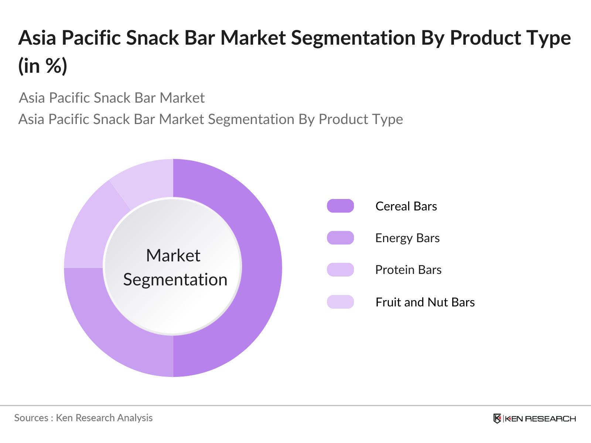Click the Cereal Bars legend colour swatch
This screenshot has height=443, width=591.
(x=340, y=206)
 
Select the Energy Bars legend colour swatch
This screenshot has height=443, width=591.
(x=340, y=238)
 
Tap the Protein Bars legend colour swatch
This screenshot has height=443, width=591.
(x=340, y=269)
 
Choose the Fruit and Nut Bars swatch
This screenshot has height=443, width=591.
(x=340, y=302)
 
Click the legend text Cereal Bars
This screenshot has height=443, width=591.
(x=406, y=206)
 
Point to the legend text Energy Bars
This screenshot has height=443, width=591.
(x=407, y=238)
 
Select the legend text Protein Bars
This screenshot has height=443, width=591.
(x=408, y=270)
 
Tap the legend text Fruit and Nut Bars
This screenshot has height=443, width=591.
(x=425, y=302)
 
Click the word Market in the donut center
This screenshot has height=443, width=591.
(x=173, y=255)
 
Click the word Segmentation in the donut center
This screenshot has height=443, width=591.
(x=175, y=279)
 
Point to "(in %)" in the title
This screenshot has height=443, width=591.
(x=43, y=66)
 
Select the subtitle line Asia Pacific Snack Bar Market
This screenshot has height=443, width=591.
(x=112, y=98)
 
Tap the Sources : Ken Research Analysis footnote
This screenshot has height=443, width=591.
(x=83, y=418)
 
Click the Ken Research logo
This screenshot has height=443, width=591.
(x=534, y=419)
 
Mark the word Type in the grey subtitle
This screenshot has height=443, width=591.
(x=387, y=119)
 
